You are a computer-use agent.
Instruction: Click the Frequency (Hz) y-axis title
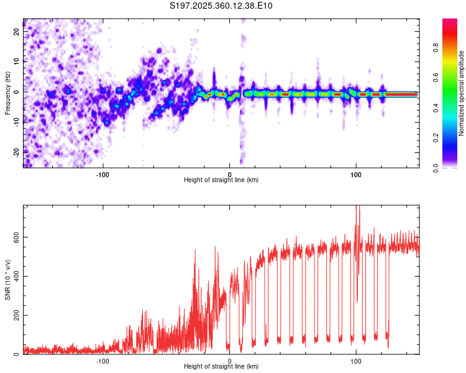7,93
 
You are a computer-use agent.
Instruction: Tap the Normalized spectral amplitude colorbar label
461,93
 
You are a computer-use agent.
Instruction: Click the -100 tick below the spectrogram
103,173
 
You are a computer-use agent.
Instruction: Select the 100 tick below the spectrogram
356,173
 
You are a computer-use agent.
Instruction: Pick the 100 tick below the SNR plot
356,361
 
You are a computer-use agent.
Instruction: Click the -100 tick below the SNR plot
103,361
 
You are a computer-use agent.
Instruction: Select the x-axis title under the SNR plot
221,367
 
